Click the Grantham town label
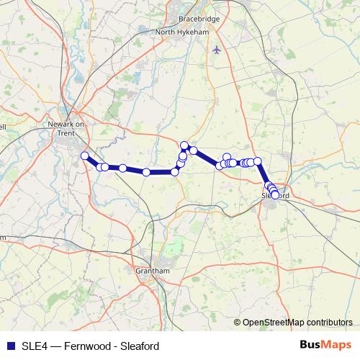pos(151,270)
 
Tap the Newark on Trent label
pos(66,127)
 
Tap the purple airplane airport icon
pos(217,50)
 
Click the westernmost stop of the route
pos(85,156)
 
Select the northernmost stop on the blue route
pos(184,145)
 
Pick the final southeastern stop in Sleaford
pos(275,194)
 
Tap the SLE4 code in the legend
pos(34,346)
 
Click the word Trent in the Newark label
pos(66,131)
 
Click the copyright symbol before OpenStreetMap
pos(238,323)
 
